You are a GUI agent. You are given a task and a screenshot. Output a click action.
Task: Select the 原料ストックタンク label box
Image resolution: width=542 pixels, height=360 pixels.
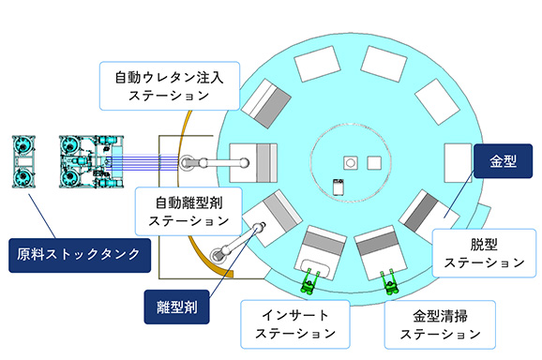(x=78, y=252)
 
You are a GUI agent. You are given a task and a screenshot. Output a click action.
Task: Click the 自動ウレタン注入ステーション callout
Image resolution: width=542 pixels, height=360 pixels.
(x=170, y=83)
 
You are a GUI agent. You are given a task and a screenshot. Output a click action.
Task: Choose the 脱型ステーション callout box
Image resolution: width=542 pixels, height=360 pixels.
(x=483, y=250)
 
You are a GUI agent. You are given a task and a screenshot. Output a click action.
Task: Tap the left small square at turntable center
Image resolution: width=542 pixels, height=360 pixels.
(x=349, y=161)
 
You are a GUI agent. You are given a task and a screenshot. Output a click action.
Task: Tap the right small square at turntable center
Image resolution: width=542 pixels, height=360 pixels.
(x=375, y=161)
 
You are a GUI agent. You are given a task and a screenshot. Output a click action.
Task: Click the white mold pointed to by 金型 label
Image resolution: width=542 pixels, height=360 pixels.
(x=458, y=160)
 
